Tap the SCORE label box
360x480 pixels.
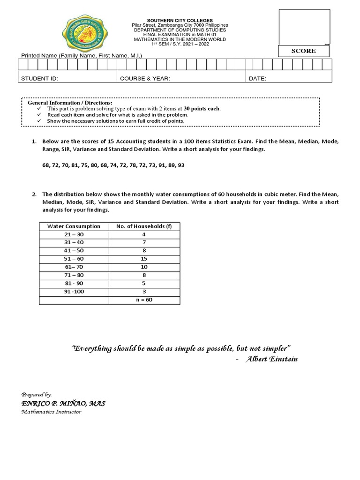click(x=303, y=51)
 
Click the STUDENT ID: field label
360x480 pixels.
click(x=40, y=79)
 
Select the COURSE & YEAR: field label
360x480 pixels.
click(x=145, y=79)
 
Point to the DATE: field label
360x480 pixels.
click(x=257, y=79)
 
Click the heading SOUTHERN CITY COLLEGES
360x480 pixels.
click(x=180, y=21)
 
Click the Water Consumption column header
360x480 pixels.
click(x=74, y=226)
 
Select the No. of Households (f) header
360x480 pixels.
click(x=144, y=226)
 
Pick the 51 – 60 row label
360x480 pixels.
click(x=74, y=259)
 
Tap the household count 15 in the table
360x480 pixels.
click(x=144, y=259)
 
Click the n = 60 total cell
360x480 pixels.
click(x=144, y=300)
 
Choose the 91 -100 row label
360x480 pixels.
click(x=74, y=292)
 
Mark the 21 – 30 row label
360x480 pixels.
click(x=74, y=234)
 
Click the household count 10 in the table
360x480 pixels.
click(x=144, y=267)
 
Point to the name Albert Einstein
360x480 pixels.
click(x=271, y=359)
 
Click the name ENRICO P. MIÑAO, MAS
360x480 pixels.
click(x=63, y=404)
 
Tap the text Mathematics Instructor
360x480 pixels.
click(x=51, y=412)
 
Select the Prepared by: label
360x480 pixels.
click(x=37, y=395)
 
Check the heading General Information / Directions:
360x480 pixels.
click(x=70, y=102)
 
